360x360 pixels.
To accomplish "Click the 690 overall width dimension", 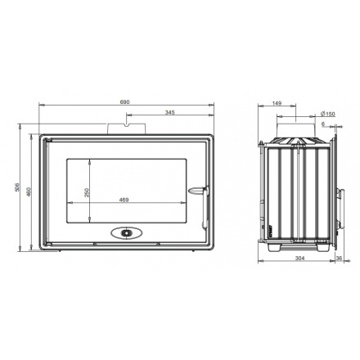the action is click(x=124, y=102).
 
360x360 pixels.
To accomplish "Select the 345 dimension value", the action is click(x=169, y=112).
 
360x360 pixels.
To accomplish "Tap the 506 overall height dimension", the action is click(x=16, y=187).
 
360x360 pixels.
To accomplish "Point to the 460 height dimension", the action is click(x=29, y=191).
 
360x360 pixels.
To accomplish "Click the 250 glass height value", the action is click(x=87, y=192).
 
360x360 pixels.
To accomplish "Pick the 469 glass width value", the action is click(x=124, y=200).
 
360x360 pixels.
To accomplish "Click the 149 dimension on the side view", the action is click(x=277, y=103).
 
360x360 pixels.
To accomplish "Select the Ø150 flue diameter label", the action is click(x=328, y=114).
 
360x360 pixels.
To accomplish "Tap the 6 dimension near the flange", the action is click(x=323, y=124).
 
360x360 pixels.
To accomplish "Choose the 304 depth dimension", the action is click(x=299, y=258).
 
